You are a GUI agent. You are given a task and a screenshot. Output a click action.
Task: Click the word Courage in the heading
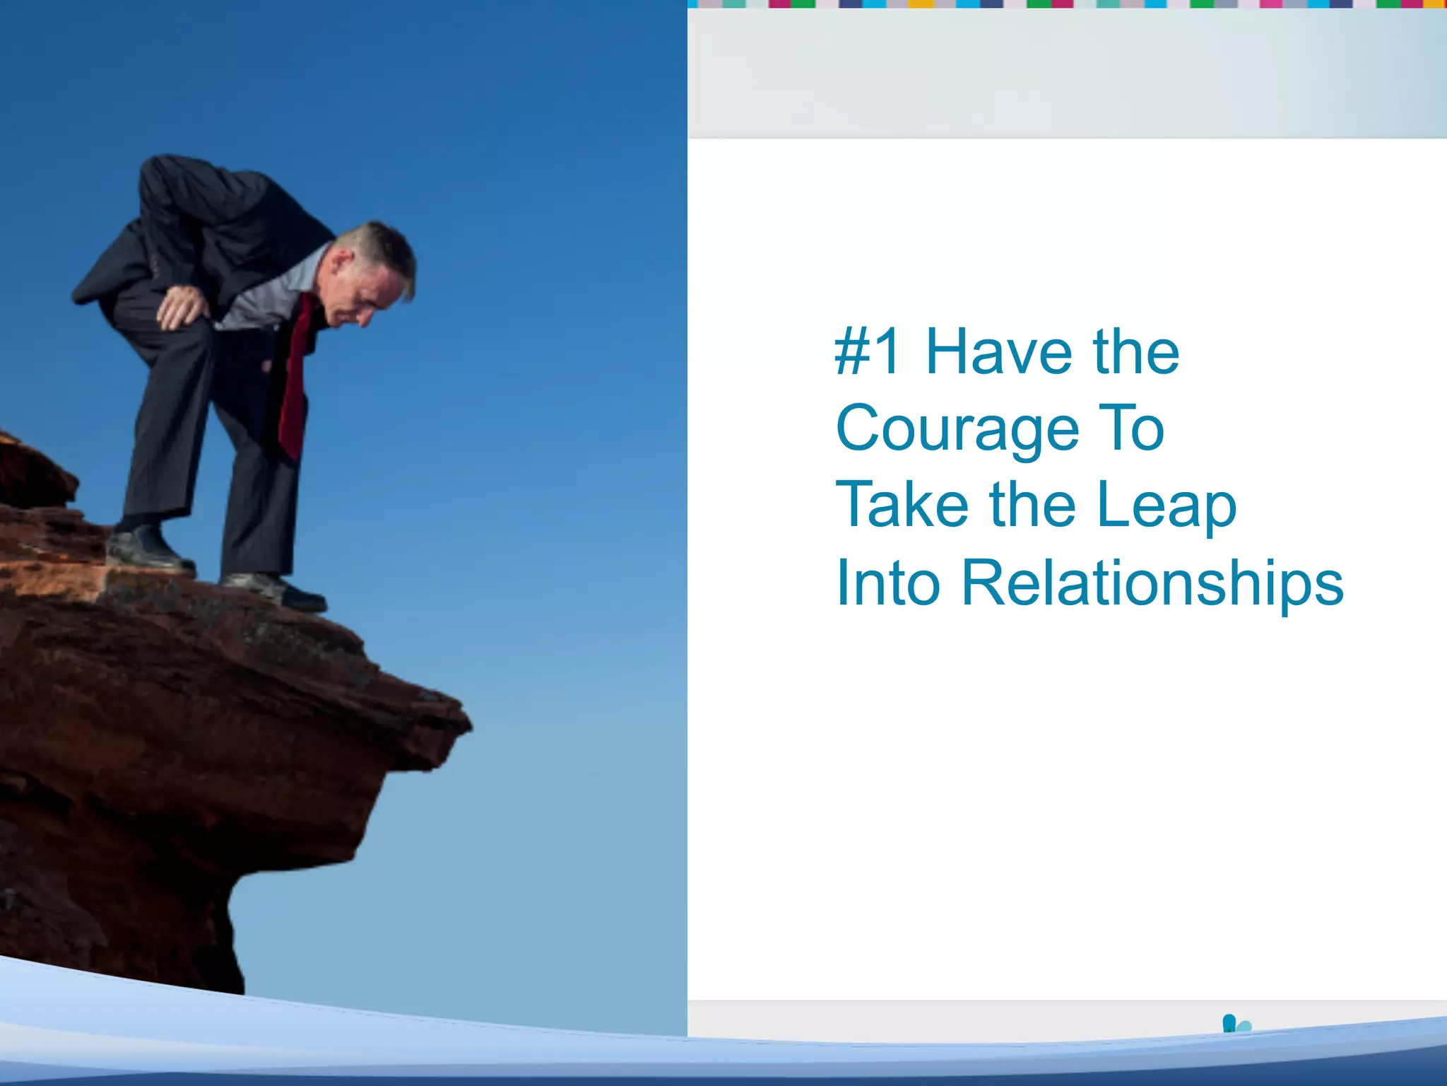tap(957, 428)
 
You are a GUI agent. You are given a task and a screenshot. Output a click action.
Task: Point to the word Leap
tap(1167, 506)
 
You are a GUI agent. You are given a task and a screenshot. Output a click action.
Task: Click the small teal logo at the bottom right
tap(1235, 1024)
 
